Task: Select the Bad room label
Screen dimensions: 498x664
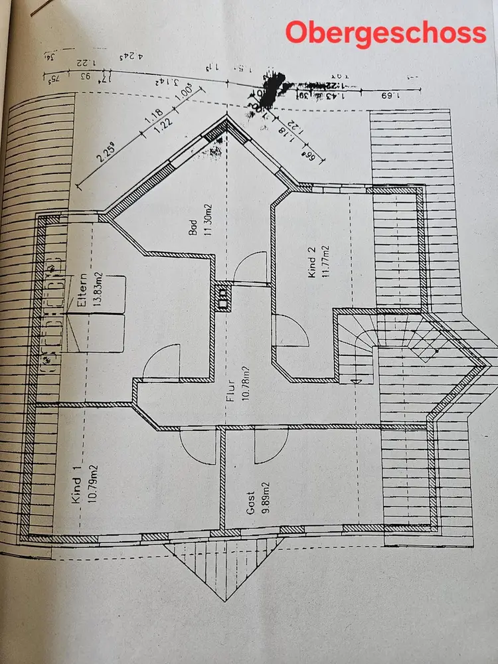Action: coord(193,228)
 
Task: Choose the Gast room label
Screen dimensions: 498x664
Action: coord(250,502)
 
